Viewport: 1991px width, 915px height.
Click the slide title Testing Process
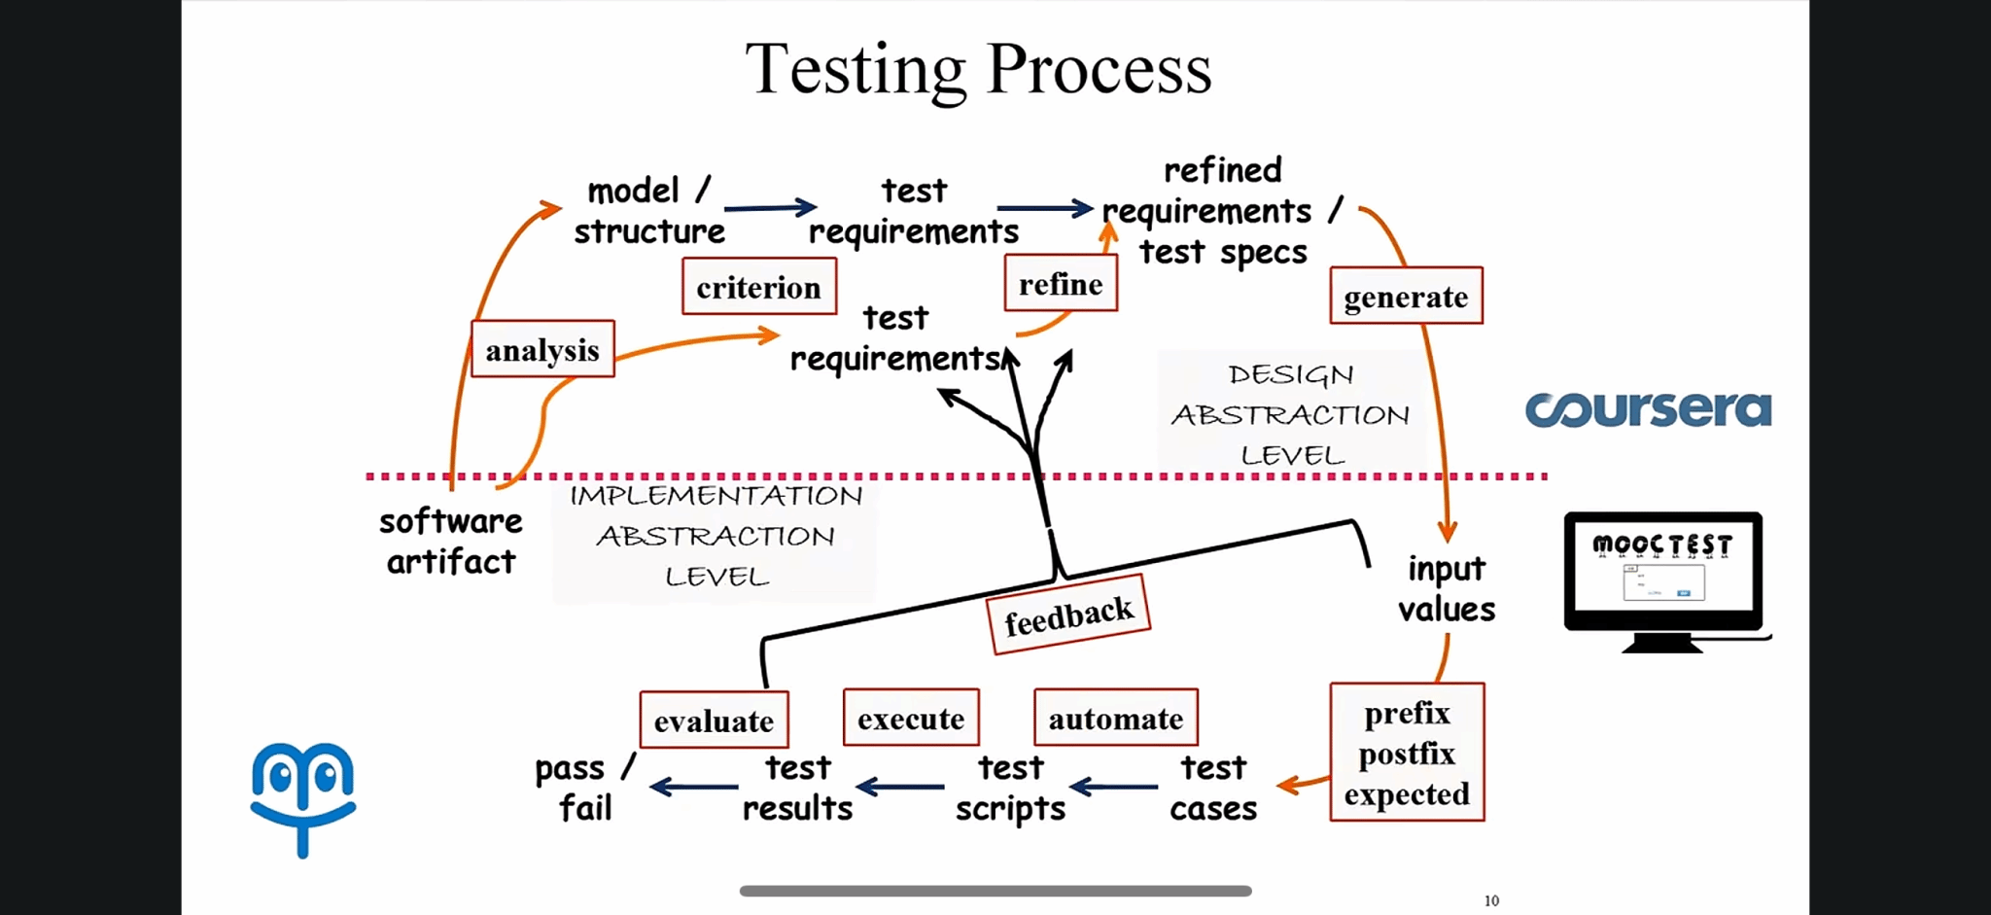pos(978,69)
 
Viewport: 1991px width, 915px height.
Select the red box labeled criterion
pos(759,287)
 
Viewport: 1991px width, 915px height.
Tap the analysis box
pos(542,349)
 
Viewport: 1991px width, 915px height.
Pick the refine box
pos(1061,284)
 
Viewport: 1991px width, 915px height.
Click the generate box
pos(1406,296)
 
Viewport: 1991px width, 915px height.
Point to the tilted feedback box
pos(1068,616)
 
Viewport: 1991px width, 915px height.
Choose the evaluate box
pos(714,721)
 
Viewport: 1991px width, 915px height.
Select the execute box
pos(911,718)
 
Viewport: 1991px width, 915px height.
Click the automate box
pos(1115,718)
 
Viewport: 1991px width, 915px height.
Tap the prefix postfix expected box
pos(1407,753)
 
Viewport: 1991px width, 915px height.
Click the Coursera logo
pos(1648,409)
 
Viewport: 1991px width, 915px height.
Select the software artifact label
pos(451,542)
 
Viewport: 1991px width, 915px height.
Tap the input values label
pos(1447,588)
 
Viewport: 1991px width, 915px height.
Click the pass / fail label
pos(584,788)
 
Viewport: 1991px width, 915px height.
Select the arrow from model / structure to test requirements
pos(770,207)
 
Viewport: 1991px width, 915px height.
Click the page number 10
pos(1491,900)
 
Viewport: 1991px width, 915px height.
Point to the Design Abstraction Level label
pos(1291,414)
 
